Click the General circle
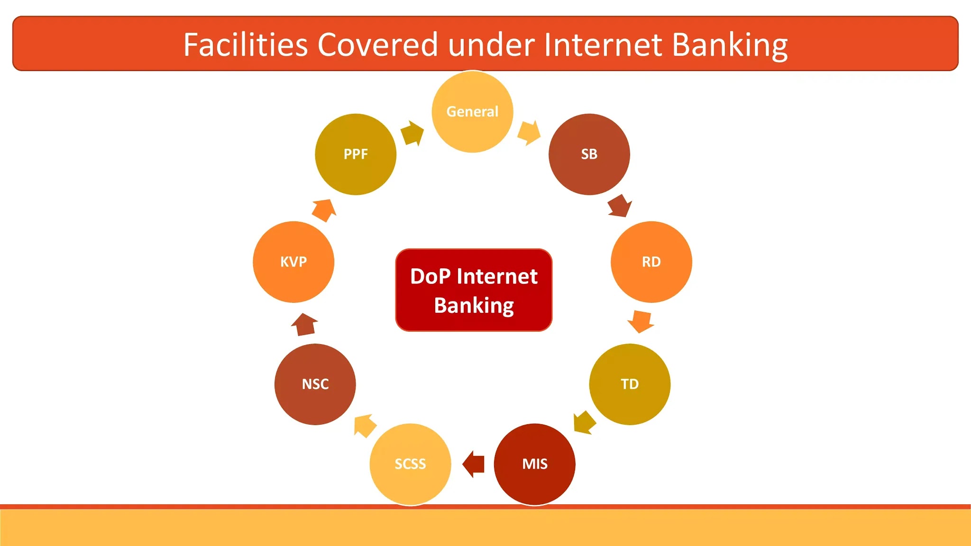pos(472,112)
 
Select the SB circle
pos(589,154)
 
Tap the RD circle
pos(651,262)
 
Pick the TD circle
pos(630,384)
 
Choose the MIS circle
pos(534,464)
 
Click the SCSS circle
pos(410,464)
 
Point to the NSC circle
pos(315,384)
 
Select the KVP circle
pos(293,262)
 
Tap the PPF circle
pos(356,154)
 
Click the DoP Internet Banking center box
pos(474,290)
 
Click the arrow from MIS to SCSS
pos(473,464)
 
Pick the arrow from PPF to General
pos(412,133)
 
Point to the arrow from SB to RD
pos(620,206)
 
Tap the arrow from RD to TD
pos(641,321)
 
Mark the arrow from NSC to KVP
pos(304,325)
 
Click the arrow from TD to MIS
pos(584,422)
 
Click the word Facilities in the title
pos(246,45)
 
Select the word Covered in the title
pos(377,45)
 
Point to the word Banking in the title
pos(730,45)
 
